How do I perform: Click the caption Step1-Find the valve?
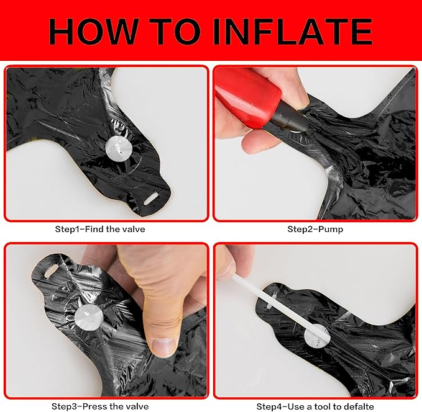[x=100, y=229]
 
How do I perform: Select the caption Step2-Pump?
[x=315, y=229]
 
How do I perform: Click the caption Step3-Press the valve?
[x=100, y=406]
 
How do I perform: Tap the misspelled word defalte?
[x=355, y=406]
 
